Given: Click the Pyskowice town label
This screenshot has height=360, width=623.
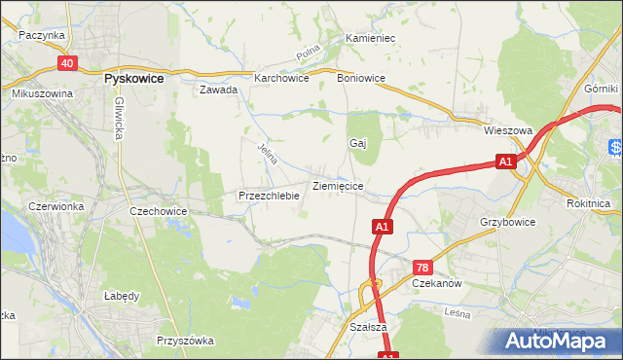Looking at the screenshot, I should pos(133,76).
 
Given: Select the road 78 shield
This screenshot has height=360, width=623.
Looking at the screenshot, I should pos(422,268).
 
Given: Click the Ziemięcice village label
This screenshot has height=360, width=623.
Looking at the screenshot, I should pos(338,185).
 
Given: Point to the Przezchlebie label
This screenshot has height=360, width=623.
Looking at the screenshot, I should pos(269,196).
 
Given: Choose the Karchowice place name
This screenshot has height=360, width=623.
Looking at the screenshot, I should pos(281,79).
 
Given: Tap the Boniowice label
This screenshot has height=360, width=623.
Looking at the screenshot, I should pos(361,79).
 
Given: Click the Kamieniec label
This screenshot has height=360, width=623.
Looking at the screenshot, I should pos(370,39).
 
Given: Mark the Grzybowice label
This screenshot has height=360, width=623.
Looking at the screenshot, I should pos(507,222).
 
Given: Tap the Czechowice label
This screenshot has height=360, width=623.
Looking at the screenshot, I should pos(158,210).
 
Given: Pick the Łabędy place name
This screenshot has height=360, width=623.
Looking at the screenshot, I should pos(123,296).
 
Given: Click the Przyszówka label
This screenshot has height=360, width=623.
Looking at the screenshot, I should pos(185,341).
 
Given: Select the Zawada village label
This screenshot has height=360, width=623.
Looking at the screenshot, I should pos(219,90).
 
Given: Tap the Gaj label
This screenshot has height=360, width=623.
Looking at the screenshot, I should pos(357,143).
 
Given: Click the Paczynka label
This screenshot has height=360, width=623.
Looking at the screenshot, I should pos(42,35).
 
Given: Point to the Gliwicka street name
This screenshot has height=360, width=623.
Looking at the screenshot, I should pos(119,119).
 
